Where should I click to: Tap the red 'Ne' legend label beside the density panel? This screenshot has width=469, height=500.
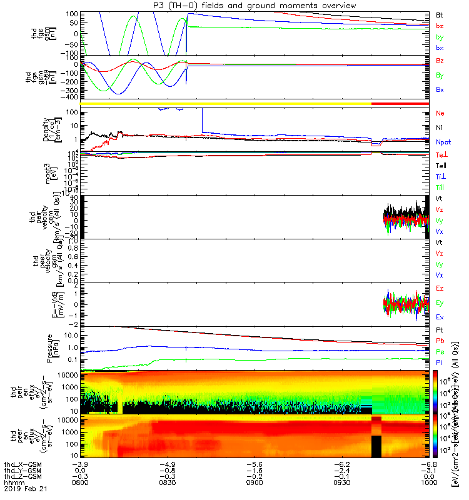(440, 114)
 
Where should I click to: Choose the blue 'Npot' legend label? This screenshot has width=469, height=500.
(443, 142)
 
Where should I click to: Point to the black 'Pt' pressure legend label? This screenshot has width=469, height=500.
(439, 329)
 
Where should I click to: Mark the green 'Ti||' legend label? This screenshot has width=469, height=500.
(440, 187)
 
